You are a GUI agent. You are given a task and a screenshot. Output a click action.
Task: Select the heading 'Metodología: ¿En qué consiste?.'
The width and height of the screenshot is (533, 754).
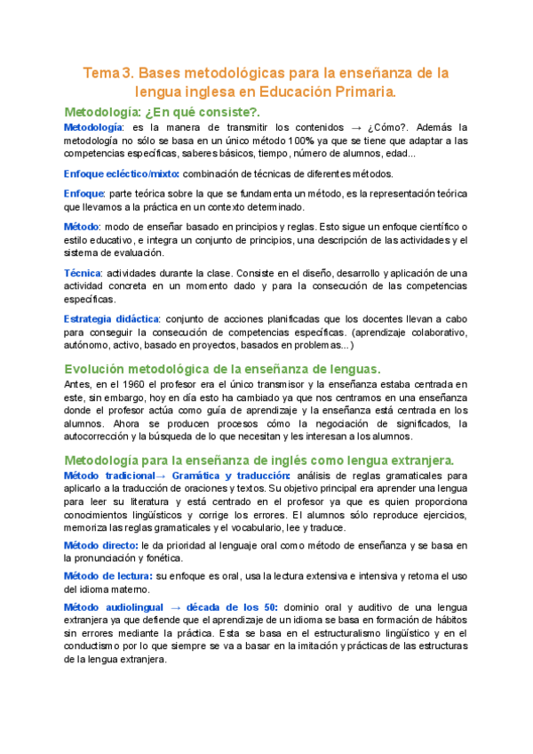point(163,112)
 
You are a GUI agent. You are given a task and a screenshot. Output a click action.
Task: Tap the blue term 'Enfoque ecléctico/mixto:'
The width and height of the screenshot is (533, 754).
point(122,173)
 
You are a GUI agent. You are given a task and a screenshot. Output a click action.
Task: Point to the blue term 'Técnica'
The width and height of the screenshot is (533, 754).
point(83,272)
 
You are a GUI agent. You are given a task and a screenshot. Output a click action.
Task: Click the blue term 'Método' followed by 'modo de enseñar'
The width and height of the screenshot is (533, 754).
point(82,228)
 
